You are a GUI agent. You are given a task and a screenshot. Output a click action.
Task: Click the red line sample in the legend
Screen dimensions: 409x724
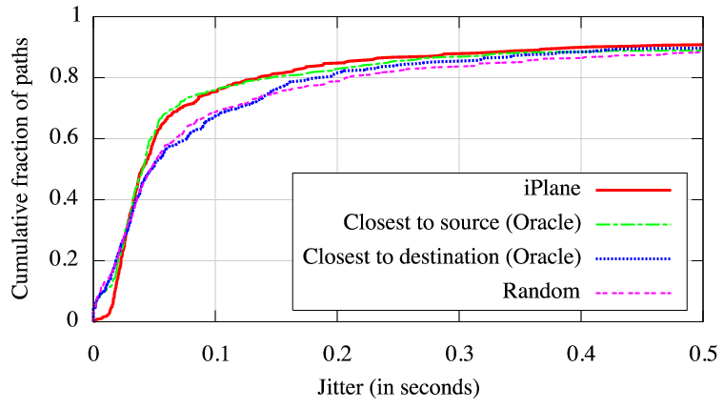tap(633, 191)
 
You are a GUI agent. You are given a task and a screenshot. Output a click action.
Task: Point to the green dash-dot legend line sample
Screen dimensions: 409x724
tap(633, 224)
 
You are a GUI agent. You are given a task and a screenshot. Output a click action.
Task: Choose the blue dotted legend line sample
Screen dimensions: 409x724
tap(633, 258)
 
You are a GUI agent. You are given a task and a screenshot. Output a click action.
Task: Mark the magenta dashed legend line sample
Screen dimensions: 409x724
tap(633, 293)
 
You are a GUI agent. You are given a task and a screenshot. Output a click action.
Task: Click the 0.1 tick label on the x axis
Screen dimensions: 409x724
tap(215, 352)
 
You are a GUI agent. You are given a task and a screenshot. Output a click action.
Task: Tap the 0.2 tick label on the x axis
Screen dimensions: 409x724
tap(337, 352)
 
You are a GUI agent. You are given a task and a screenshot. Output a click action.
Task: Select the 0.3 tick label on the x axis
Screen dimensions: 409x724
tap(459, 352)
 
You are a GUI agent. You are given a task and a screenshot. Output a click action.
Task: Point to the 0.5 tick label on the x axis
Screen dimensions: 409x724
tap(701, 352)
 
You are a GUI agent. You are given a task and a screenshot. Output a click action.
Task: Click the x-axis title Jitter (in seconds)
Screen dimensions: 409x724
tap(397, 388)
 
